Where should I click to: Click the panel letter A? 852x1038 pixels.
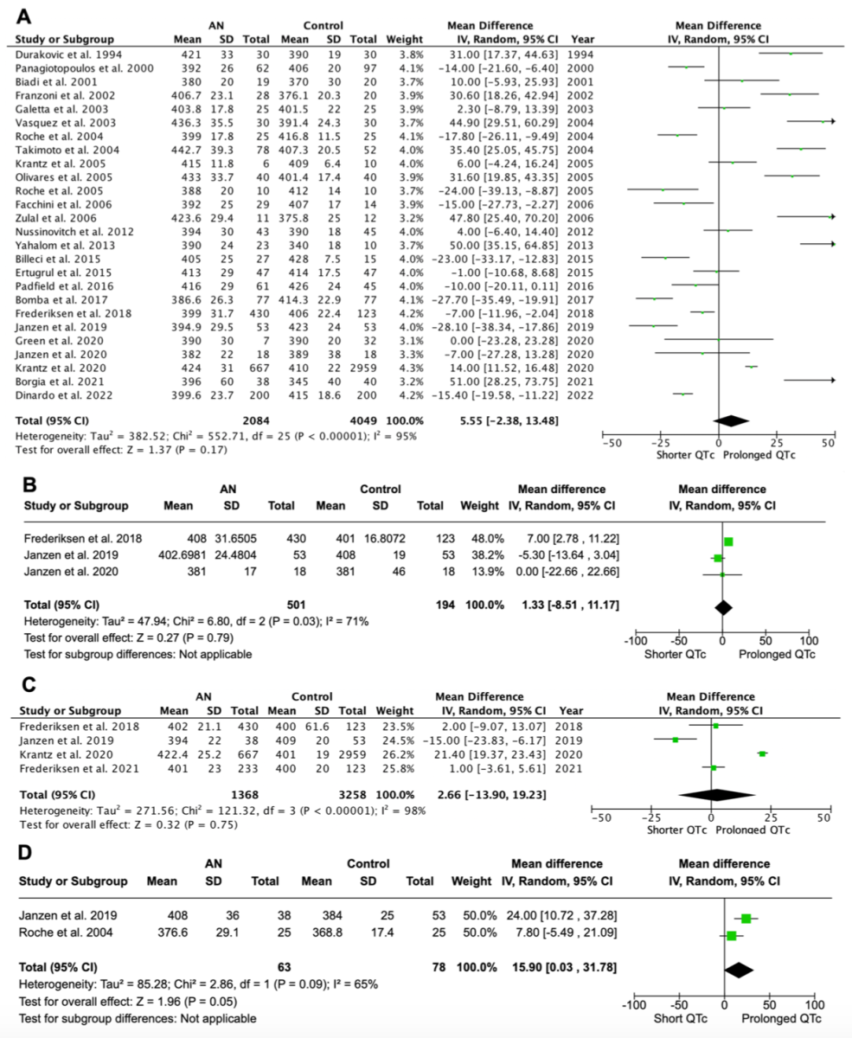point(23,16)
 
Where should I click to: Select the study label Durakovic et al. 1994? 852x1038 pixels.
point(68,54)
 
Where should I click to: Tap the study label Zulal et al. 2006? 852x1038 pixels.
point(55,218)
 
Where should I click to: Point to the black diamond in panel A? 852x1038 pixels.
point(731,420)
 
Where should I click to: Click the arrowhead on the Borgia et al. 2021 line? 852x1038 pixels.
point(833,380)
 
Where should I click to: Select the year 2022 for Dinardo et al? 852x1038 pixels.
point(581,395)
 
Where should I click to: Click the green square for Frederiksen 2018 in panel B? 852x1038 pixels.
point(728,541)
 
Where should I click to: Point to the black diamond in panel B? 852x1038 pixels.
point(723,608)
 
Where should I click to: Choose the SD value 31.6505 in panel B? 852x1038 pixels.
point(235,539)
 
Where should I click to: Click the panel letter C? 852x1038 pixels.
point(29,684)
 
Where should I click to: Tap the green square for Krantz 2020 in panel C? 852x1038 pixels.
point(762,754)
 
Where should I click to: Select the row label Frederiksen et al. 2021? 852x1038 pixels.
point(80,768)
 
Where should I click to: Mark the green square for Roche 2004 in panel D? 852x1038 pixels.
point(732,936)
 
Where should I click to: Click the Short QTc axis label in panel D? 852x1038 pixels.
point(680,1018)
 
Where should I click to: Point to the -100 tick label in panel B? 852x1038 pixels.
point(636,641)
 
